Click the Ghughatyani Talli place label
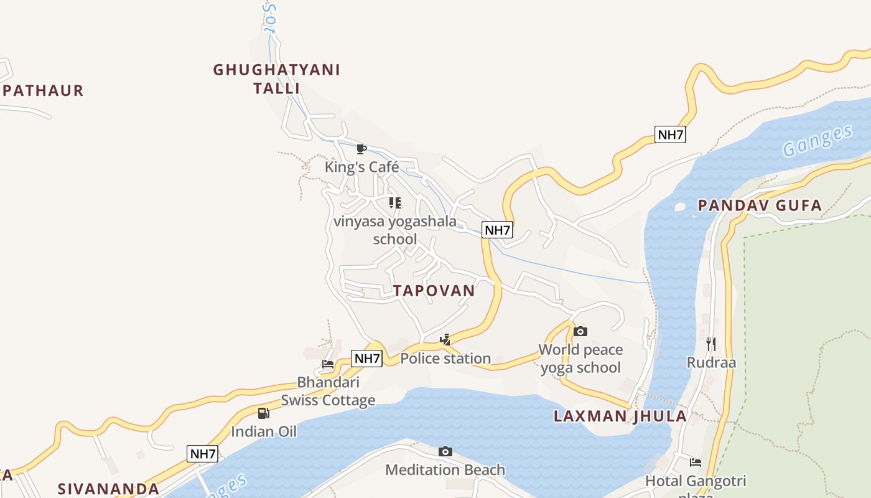click(x=277, y=78)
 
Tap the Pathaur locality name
click(x=43, y=90)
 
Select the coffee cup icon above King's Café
click(x=361, y=149)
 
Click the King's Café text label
click(x=361, y=167)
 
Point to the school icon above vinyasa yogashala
click(x=395, y=203)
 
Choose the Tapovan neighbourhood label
click(x=434, y=291)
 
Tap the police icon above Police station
click(x=445, y=340)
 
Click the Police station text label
click(x=445, y=359)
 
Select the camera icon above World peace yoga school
click(x=580, y=331)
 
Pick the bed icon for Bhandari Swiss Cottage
click(x=328, y=364)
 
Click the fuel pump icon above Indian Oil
click(x=264, y=413)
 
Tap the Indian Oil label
click(x=264, y=431)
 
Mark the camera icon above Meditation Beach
click(x=445, y=451)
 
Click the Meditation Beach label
click(x=445, y=469)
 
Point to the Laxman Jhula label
click(x=620, y=416)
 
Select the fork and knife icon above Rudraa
click(x=711, y=344)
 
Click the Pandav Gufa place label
click(x=760, y=205)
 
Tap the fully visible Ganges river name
click(x=817, y=141)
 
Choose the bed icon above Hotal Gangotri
click(x=696, y=463)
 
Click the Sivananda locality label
click(x=108, y=489)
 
